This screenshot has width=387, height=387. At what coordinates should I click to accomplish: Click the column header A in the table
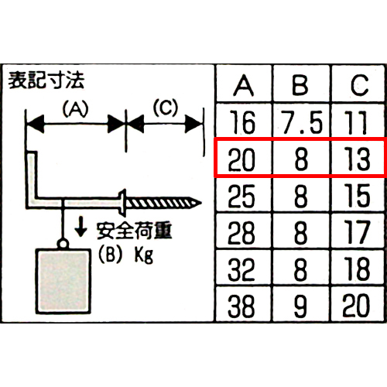pos(244,85)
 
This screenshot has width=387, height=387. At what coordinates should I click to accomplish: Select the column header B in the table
pos(301,85)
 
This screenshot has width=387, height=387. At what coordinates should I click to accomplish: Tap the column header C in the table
pos(358,85)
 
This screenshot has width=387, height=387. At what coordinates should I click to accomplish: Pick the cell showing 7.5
pos(301,122)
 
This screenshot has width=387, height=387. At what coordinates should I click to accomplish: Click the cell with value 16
pos(244,122)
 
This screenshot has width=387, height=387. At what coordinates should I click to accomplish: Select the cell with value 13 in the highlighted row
pos(358,159)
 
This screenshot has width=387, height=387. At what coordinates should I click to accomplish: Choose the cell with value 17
pos(358,232)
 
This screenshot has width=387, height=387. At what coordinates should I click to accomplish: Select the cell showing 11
pos(358,122)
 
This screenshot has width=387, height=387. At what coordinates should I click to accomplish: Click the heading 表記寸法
pos(46,80)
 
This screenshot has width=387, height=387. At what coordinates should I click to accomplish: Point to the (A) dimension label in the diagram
pos(75,108)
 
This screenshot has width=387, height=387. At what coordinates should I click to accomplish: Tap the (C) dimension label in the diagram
pos(166,108)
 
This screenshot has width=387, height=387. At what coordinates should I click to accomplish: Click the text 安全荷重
pos(135,231)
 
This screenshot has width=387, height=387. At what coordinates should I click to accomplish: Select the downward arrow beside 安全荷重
pos(80,227)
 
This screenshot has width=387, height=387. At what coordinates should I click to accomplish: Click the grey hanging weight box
pos(63,281)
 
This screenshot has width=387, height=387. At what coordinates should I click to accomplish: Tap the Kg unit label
pos(144,255)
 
